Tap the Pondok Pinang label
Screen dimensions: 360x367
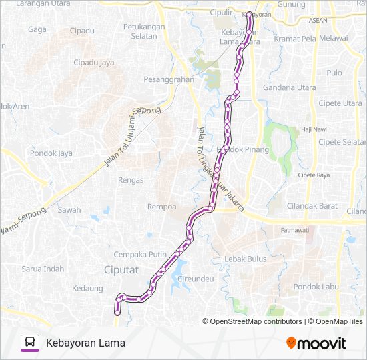click(x=247, y=149)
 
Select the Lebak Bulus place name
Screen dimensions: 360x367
click(x=246, y=259)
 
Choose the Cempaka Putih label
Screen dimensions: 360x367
click(x=139, y=254)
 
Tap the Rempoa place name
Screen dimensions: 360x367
click(x=161, y=207)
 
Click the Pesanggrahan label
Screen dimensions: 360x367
click(x=169, y=79)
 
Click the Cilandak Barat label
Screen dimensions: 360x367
click(x=312, y=206)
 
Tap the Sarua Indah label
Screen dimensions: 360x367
click(x=43, y=269)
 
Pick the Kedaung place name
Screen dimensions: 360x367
click(x=88, y=288)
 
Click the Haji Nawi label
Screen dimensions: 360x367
click(x=314, y=129)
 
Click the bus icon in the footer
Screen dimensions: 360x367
click(x=30, y=343)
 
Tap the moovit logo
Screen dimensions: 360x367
click(x=316, y=343)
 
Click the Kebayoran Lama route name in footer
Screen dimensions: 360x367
click(x=85, y=343)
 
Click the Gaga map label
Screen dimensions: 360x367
click(x=37, y=29)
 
